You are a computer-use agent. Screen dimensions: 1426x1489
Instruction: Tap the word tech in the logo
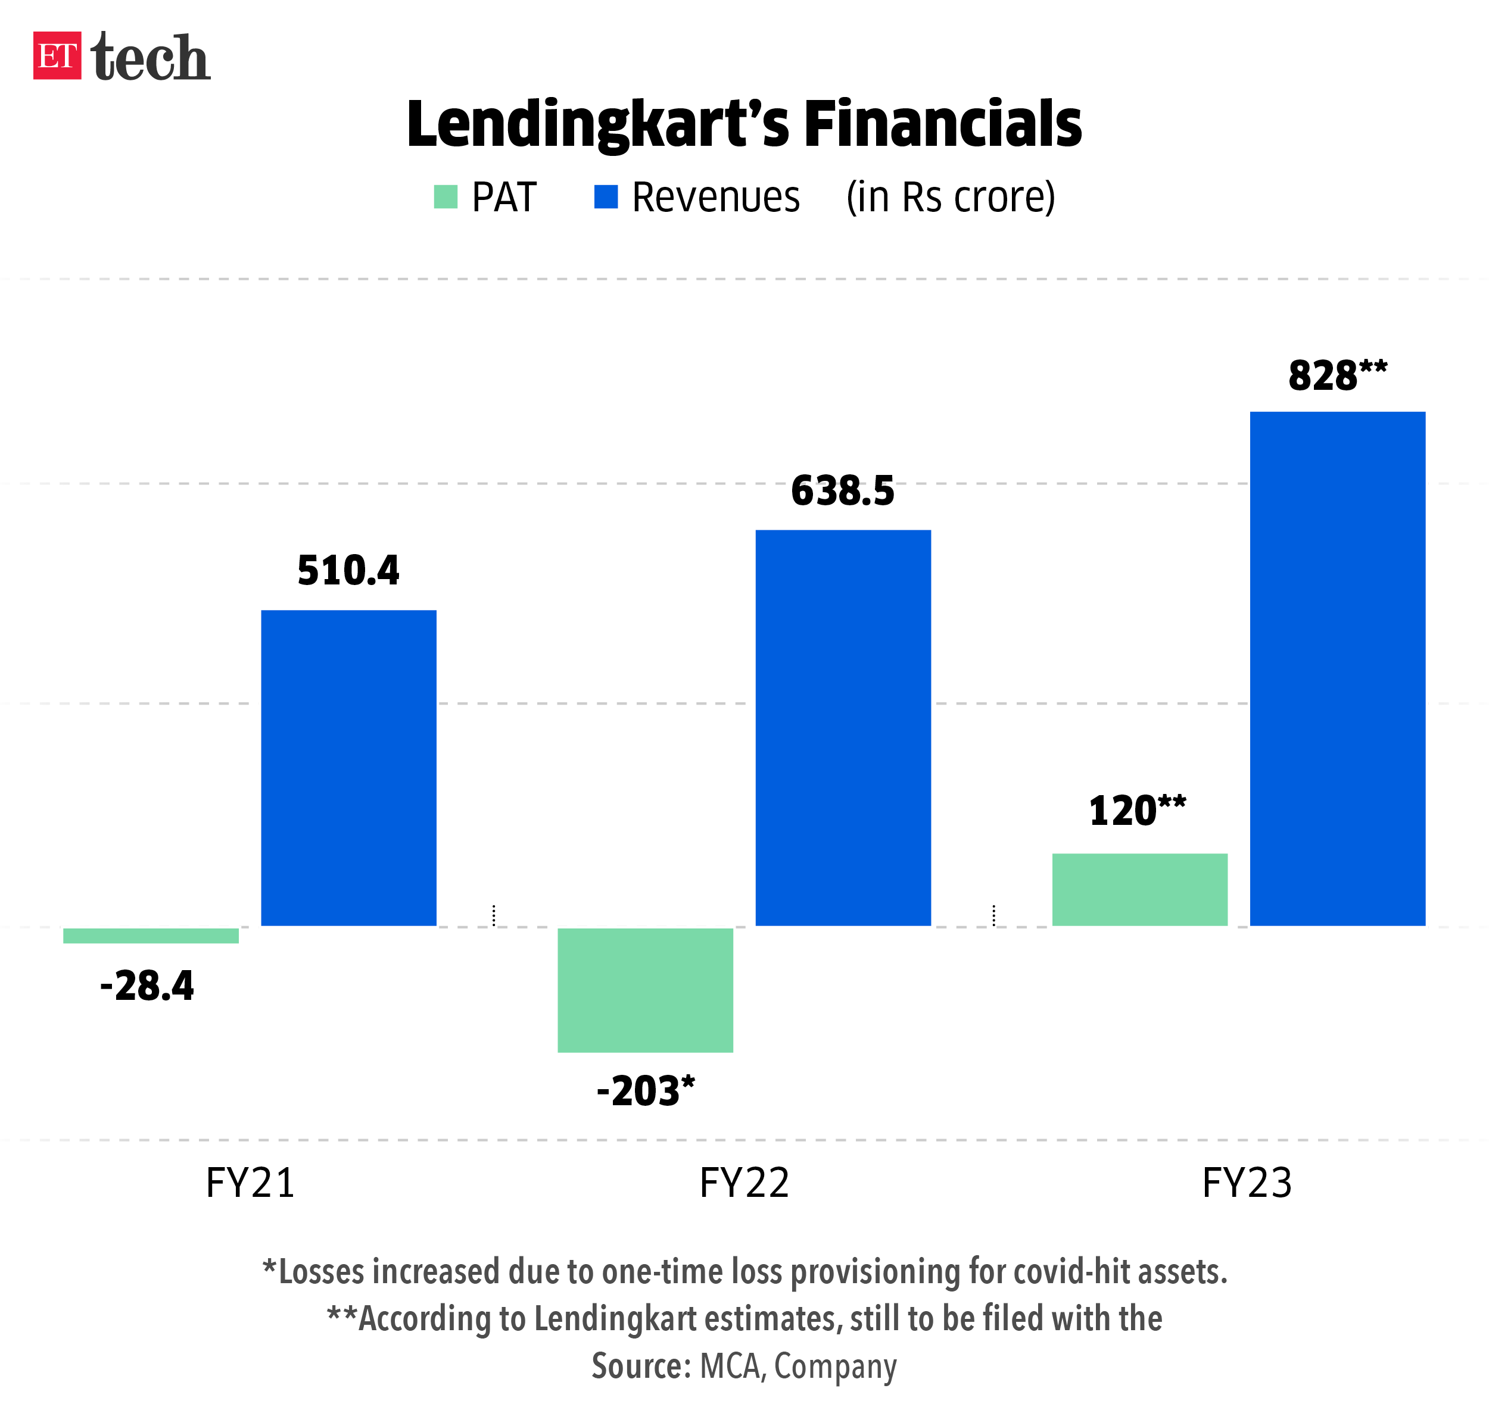151,58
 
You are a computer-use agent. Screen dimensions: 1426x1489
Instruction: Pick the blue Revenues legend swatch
606,196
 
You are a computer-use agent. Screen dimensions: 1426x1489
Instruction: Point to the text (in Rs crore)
951,198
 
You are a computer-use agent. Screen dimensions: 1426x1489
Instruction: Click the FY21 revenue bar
348,767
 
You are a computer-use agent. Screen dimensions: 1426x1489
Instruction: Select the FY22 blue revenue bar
843,727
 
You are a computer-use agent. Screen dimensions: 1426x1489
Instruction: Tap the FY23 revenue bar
1337,668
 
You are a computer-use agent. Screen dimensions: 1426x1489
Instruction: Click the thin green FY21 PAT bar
151,936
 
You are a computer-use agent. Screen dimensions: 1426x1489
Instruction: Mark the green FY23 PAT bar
1139,889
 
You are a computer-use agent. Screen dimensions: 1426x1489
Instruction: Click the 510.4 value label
348,571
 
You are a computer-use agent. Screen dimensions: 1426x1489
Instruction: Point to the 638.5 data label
843,491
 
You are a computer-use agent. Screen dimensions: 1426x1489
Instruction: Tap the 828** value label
1337,376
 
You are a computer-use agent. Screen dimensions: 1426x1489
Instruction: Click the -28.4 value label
147,986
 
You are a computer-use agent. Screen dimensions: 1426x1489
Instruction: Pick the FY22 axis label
744,1182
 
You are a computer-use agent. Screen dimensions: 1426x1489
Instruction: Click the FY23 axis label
1247,1182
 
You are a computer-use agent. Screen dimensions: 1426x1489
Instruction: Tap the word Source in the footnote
640,1366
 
